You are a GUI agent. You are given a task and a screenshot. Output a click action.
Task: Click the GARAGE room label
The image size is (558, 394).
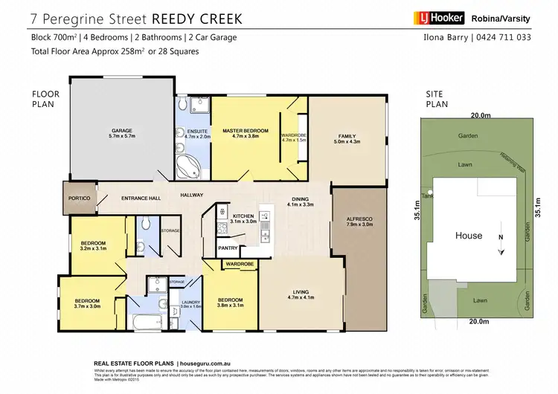coord(122,130)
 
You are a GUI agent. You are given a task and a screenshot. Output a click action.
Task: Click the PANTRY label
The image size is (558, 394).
coord(227,248)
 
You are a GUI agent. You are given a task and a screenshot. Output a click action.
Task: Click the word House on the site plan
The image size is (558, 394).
coord(469,236)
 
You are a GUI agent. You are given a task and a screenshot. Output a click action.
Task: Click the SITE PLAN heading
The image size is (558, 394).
coord(434,99)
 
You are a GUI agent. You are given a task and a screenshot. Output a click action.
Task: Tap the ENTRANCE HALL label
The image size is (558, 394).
coord(141,198)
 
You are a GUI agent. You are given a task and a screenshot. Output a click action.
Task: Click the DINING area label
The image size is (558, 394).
coord(301,198)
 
